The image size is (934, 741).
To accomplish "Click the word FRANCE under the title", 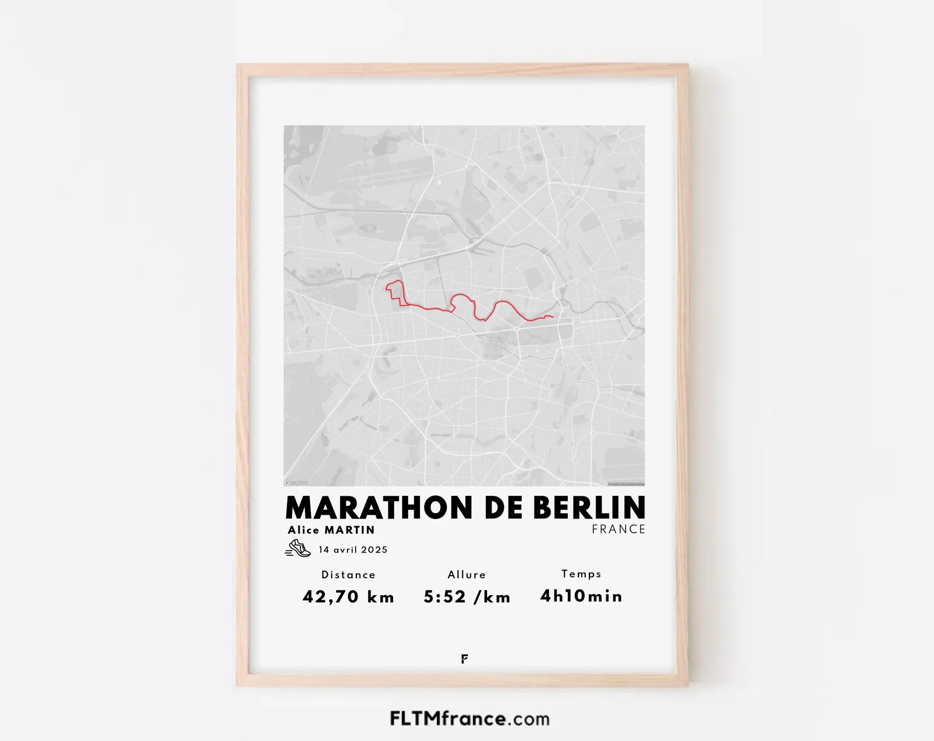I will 618,529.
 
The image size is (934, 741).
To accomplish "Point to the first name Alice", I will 304,530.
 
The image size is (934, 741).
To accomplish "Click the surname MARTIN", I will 350,530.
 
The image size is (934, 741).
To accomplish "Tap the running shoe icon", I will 298,548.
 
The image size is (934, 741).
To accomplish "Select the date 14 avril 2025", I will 353,550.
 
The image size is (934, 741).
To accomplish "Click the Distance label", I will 348,575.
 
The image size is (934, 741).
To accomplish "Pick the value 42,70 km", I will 348,597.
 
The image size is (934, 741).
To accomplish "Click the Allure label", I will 467,575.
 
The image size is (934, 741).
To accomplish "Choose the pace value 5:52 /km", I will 467,597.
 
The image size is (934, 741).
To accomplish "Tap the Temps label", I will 581,574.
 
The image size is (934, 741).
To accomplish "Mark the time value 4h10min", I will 581,596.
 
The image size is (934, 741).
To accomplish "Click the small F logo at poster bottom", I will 464,659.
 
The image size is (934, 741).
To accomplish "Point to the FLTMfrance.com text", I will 469,718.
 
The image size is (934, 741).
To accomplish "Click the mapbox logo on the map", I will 296,483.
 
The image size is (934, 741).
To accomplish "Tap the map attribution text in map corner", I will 626,484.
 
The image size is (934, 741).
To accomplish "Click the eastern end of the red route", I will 552,317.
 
